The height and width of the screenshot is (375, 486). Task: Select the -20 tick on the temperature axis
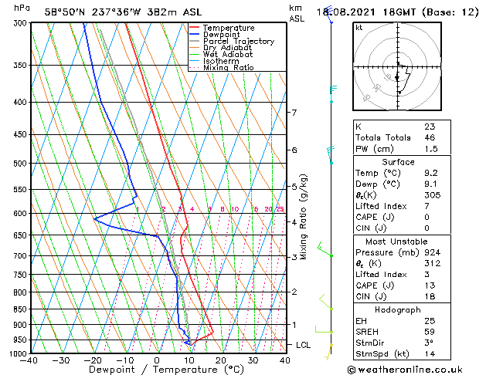pos(93,360)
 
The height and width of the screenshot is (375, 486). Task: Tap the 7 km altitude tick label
pos(294,113)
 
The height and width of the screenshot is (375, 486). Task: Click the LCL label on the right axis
pos(303,345)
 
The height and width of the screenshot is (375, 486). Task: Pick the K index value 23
pos(430,127)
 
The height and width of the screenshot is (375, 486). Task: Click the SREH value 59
pos(430,332)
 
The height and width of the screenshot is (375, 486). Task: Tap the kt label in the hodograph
pos(359,28)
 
